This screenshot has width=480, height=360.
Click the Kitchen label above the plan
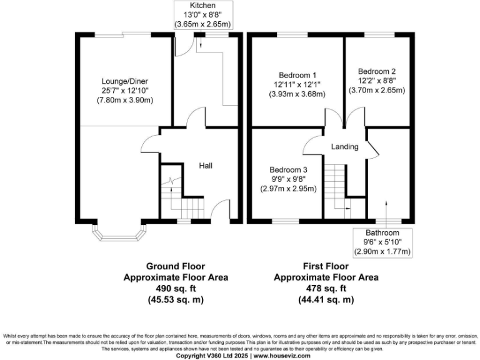[202, 6]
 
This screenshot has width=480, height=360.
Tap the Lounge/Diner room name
[125, 81]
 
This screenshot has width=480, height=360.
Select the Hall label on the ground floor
[206, 166]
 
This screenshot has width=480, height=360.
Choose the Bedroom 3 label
[289, 169]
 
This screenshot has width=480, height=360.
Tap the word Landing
[344, 147]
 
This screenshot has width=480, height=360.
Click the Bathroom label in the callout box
[382, 232]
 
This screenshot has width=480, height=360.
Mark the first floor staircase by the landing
[338, 186]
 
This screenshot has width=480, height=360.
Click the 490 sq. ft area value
[176, 289]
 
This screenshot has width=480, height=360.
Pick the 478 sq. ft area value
[326, 289]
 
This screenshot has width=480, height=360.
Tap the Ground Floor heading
[176, 266]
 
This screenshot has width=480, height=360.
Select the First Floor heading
[326, 266]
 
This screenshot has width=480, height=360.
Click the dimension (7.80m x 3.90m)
[125, 100]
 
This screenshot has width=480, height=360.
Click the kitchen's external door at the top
[182, 44]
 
